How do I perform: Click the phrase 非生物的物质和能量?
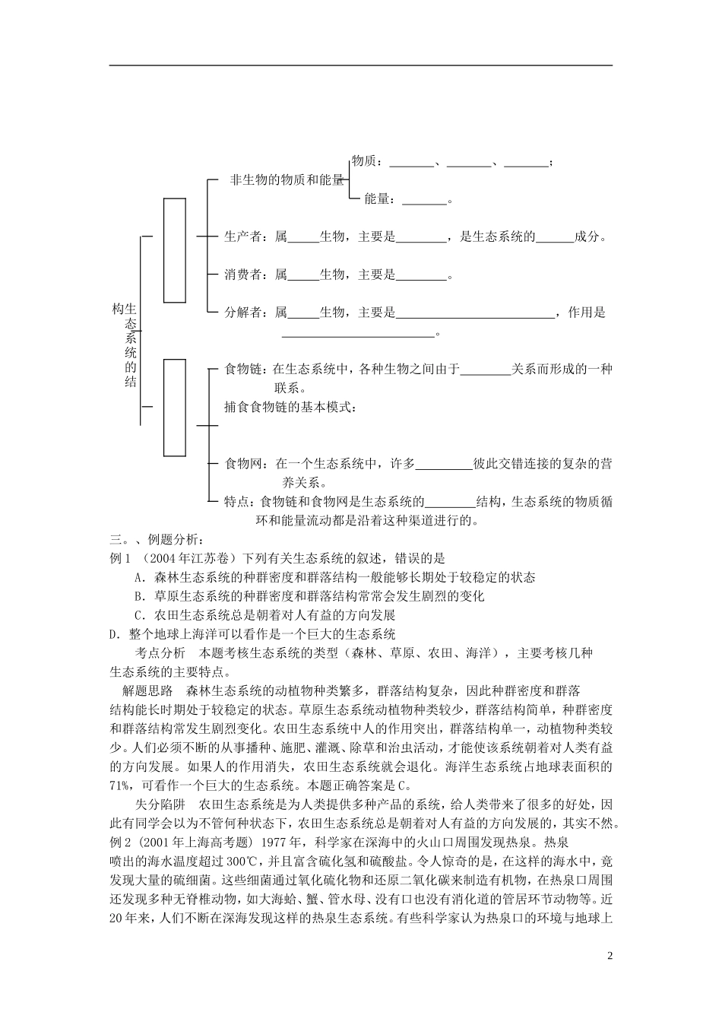287,181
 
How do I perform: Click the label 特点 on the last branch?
236,502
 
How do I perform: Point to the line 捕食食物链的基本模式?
290,407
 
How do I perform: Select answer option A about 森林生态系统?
334,578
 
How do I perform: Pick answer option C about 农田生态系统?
264,615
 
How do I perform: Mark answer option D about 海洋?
252,633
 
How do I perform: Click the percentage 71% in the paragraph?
121,786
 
